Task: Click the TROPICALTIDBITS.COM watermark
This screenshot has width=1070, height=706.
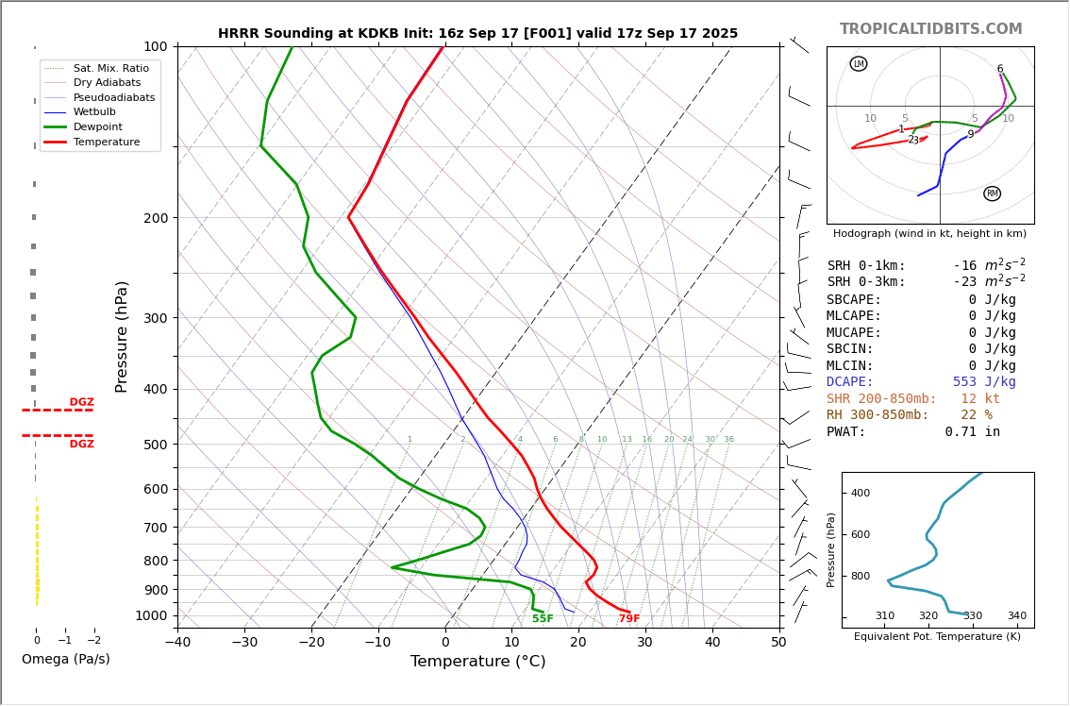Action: point(930,29)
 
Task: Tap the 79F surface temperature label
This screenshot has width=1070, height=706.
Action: point(628,619)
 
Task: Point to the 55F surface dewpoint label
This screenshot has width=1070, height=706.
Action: point(543,619)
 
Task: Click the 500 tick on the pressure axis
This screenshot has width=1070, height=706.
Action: point(155,445)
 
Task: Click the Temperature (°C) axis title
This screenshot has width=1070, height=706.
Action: point(477,662)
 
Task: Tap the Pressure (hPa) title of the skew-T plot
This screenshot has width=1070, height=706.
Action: point(123,336)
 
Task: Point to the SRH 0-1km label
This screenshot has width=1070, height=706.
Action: point(866,266)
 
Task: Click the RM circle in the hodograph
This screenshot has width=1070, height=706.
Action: point(992,193)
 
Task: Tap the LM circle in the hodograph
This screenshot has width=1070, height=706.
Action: point(858,64)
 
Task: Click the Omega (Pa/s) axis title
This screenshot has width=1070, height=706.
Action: point(65,659)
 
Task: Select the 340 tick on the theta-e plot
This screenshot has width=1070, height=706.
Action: point(1016,616)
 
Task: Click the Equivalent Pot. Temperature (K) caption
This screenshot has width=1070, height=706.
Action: point(937,637)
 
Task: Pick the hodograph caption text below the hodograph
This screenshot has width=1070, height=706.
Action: point(929,233)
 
